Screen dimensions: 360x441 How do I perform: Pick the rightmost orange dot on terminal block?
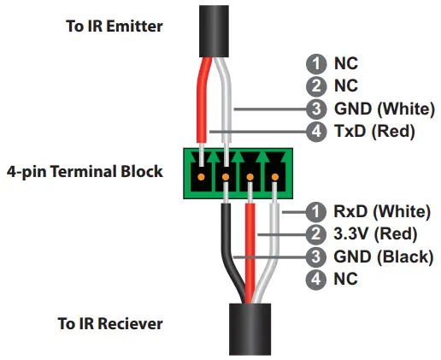(277, 177)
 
